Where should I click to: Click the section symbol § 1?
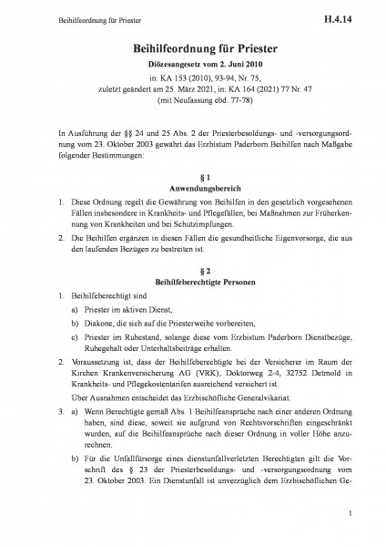tap(192, 175)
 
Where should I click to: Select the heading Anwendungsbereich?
tap(192, 188)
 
